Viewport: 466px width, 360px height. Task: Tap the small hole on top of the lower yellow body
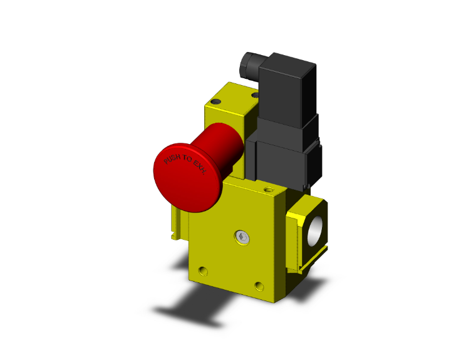269,188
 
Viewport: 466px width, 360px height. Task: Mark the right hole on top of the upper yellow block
254,95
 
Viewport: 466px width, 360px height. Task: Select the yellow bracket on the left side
177,219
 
